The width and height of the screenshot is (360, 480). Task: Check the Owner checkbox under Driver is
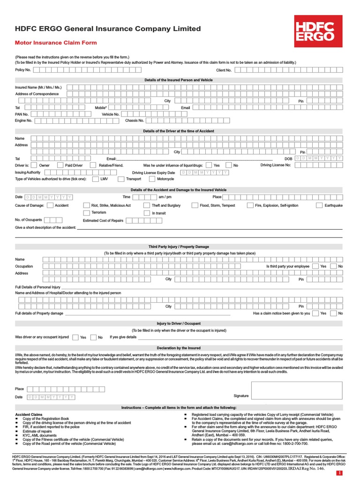34,165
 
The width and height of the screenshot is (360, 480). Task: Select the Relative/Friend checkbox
93,165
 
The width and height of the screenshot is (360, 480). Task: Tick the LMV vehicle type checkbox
95,179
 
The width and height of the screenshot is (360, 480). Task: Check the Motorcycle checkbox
152,179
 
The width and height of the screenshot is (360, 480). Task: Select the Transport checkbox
121,179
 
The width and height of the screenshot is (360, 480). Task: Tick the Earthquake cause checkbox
320,205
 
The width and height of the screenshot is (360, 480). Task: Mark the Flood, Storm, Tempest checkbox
195,205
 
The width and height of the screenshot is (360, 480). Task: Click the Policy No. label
23,70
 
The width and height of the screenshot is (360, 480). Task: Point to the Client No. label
224,70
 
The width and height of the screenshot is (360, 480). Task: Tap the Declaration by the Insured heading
179,348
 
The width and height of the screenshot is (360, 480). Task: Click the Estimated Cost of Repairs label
103,220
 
